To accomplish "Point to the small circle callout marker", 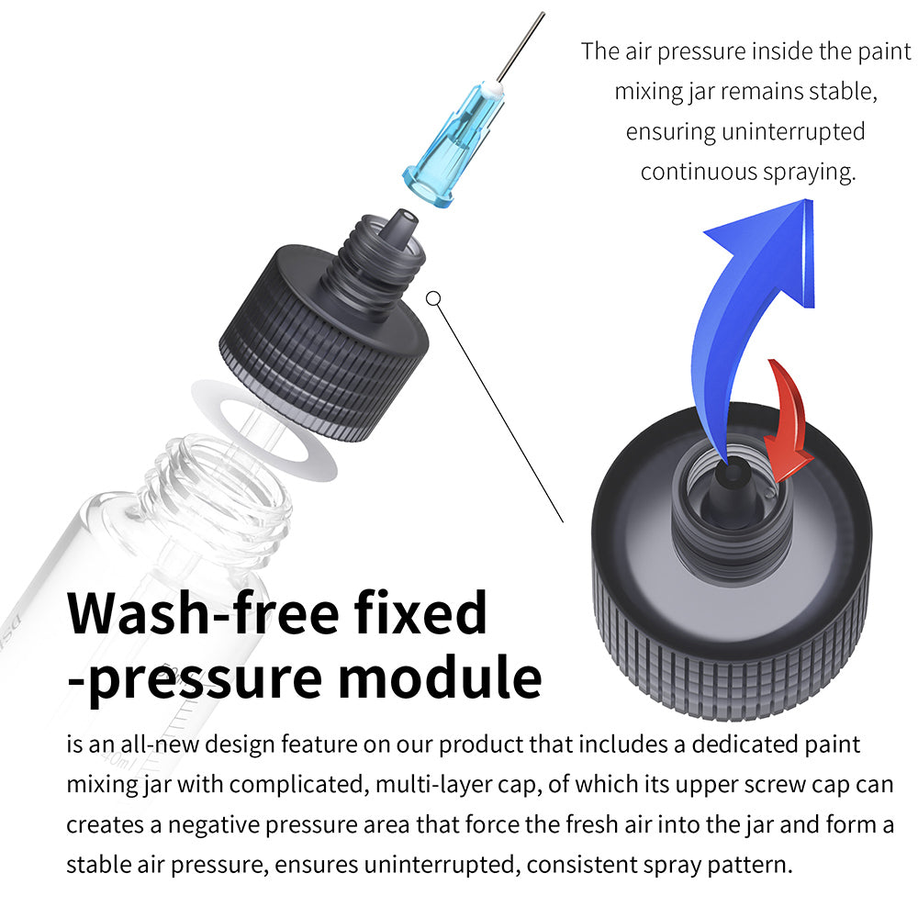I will click(x=434, y=297).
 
